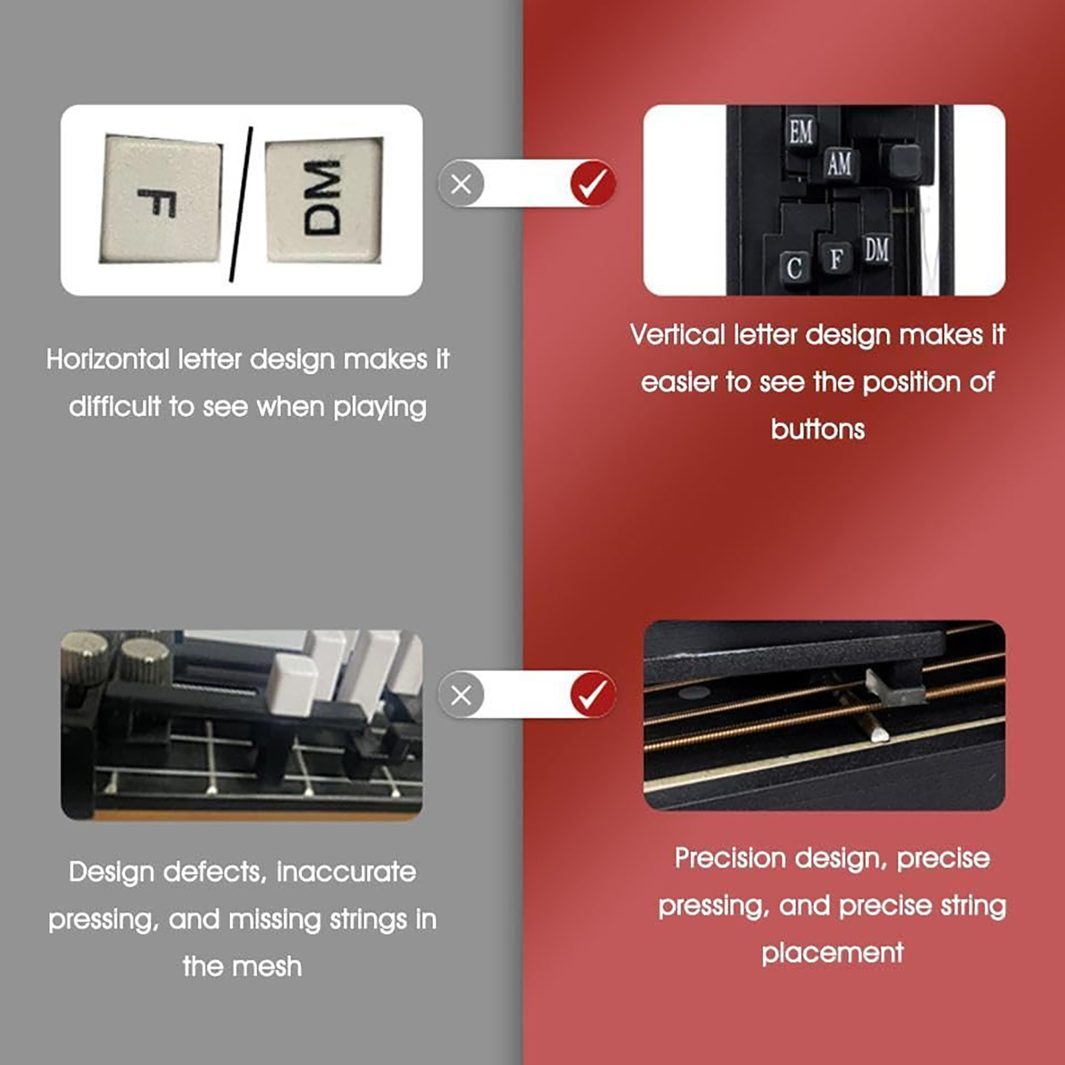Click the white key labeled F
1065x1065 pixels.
(x=160, y=200)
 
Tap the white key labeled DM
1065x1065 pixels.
(x=324, y=200)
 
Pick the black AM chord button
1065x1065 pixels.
(x=839, y=163)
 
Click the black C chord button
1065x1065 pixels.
(x=794, y=268)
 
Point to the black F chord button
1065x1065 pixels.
(x=837, y=258)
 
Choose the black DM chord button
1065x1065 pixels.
(x=877, y=250)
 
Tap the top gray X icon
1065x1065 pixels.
(x=461, y=184)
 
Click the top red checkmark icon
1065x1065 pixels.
(x=592, y=183)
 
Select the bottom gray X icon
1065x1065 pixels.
(x=461, y=696)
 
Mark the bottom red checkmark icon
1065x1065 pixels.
(x=592, y=694)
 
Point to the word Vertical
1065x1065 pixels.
(x=677, y=334)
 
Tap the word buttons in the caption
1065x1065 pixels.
(x=817, y=429)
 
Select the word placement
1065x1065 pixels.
(x=833, y=953)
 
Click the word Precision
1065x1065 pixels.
(x=730, y=858)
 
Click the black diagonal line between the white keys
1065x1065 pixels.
(x=241, y=204)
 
